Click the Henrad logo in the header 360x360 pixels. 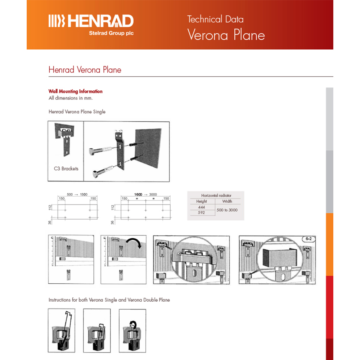91,21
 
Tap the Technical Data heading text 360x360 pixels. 215,19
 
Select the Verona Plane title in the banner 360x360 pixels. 226,35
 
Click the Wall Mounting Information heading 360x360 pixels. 76,91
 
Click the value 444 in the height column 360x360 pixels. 202,207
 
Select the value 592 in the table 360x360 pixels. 202,213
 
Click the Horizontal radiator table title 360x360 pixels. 216,195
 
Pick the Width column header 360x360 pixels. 227,201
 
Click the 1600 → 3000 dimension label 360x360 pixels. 145,194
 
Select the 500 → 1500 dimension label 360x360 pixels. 77,194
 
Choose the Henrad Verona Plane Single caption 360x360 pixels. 77,112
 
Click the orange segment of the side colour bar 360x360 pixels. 329,244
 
